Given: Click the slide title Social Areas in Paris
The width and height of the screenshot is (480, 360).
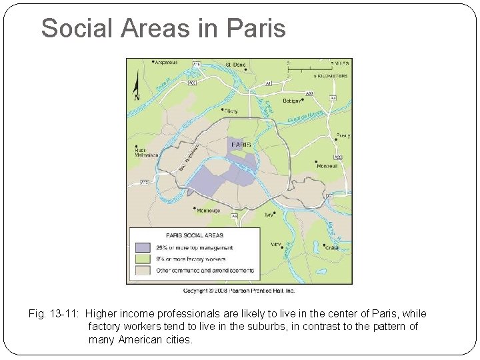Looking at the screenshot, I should [163, 28].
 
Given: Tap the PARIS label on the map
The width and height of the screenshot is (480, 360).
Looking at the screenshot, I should [241, 143].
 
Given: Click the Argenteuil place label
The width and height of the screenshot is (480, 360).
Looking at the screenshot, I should [166, 63].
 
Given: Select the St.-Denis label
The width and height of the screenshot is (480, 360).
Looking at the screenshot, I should [236, 64].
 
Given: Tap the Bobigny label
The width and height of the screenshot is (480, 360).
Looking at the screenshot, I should [291, 100].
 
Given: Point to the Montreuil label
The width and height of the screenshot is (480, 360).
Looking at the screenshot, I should [327, 165].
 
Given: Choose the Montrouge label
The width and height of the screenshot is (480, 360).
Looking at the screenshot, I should [208, 211].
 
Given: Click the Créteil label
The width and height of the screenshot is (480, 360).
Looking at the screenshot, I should [331, 247].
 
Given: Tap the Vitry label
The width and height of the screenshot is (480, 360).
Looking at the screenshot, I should [276, 245].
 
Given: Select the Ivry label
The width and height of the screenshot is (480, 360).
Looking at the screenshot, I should [269, 215].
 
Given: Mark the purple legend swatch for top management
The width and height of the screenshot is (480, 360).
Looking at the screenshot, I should [141, 247].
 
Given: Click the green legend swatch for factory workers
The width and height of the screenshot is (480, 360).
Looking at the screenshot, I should [141, 259].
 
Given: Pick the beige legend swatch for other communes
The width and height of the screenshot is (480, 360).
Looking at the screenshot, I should [141, 270].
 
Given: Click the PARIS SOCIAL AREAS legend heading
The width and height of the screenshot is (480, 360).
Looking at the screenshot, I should [195, 235].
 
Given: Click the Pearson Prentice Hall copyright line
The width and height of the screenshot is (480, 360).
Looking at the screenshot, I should [239, 291].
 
